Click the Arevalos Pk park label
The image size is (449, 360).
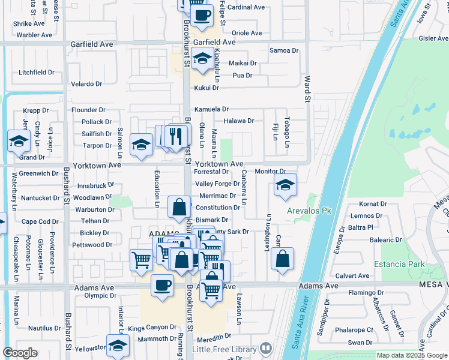[x=309, y=211]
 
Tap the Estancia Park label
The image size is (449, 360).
[x=399, y=264]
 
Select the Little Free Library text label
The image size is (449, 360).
[x=224, y=349]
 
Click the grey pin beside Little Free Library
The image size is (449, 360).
[x=266, y=349]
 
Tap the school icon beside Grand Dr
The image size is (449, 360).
[x=19, y=142]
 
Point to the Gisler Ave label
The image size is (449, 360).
[x=434, y=38]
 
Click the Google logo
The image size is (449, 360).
[x=20, y=353]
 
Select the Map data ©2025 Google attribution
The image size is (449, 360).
[x=412, y=355]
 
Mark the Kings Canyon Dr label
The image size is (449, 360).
[x=152, y=328]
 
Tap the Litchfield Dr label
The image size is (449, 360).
[x=36, y=72]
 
